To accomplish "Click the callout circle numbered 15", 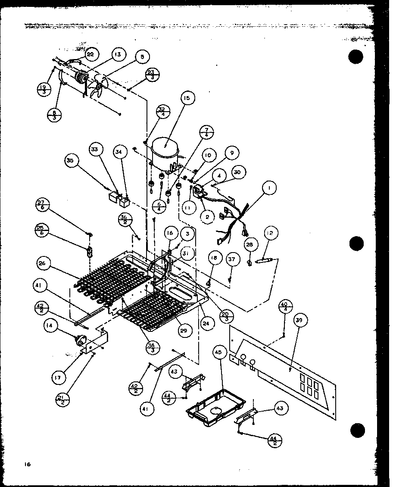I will click(x=186, y=99).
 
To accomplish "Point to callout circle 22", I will click(x=90, y=54).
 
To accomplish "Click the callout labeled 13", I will click(x=117, y=54).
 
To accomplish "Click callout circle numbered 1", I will click(x=269, y=188).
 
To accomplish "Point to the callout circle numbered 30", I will click(x=237, y=172).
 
